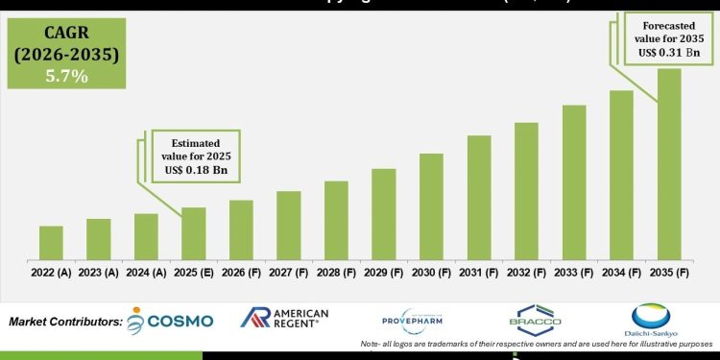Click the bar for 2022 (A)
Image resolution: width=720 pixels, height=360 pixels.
click(51, 243)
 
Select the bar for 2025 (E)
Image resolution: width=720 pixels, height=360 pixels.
click(194, 233)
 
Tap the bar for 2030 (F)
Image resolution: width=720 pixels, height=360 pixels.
click(431, 206)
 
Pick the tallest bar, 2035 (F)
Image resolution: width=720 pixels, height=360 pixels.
click(669, 164)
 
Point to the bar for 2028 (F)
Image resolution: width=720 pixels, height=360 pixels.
click(336, 220)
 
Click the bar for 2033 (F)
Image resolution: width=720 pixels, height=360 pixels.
click(574, 182)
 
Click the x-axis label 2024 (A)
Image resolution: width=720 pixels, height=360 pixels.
click(146, 274)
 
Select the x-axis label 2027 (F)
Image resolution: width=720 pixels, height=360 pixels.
click(289, 274)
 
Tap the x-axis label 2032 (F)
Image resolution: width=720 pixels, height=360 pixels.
click(526, 274)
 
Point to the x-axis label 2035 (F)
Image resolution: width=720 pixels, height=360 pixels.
click(669, 274)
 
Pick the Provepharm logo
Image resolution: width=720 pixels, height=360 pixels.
click(414, 320)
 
